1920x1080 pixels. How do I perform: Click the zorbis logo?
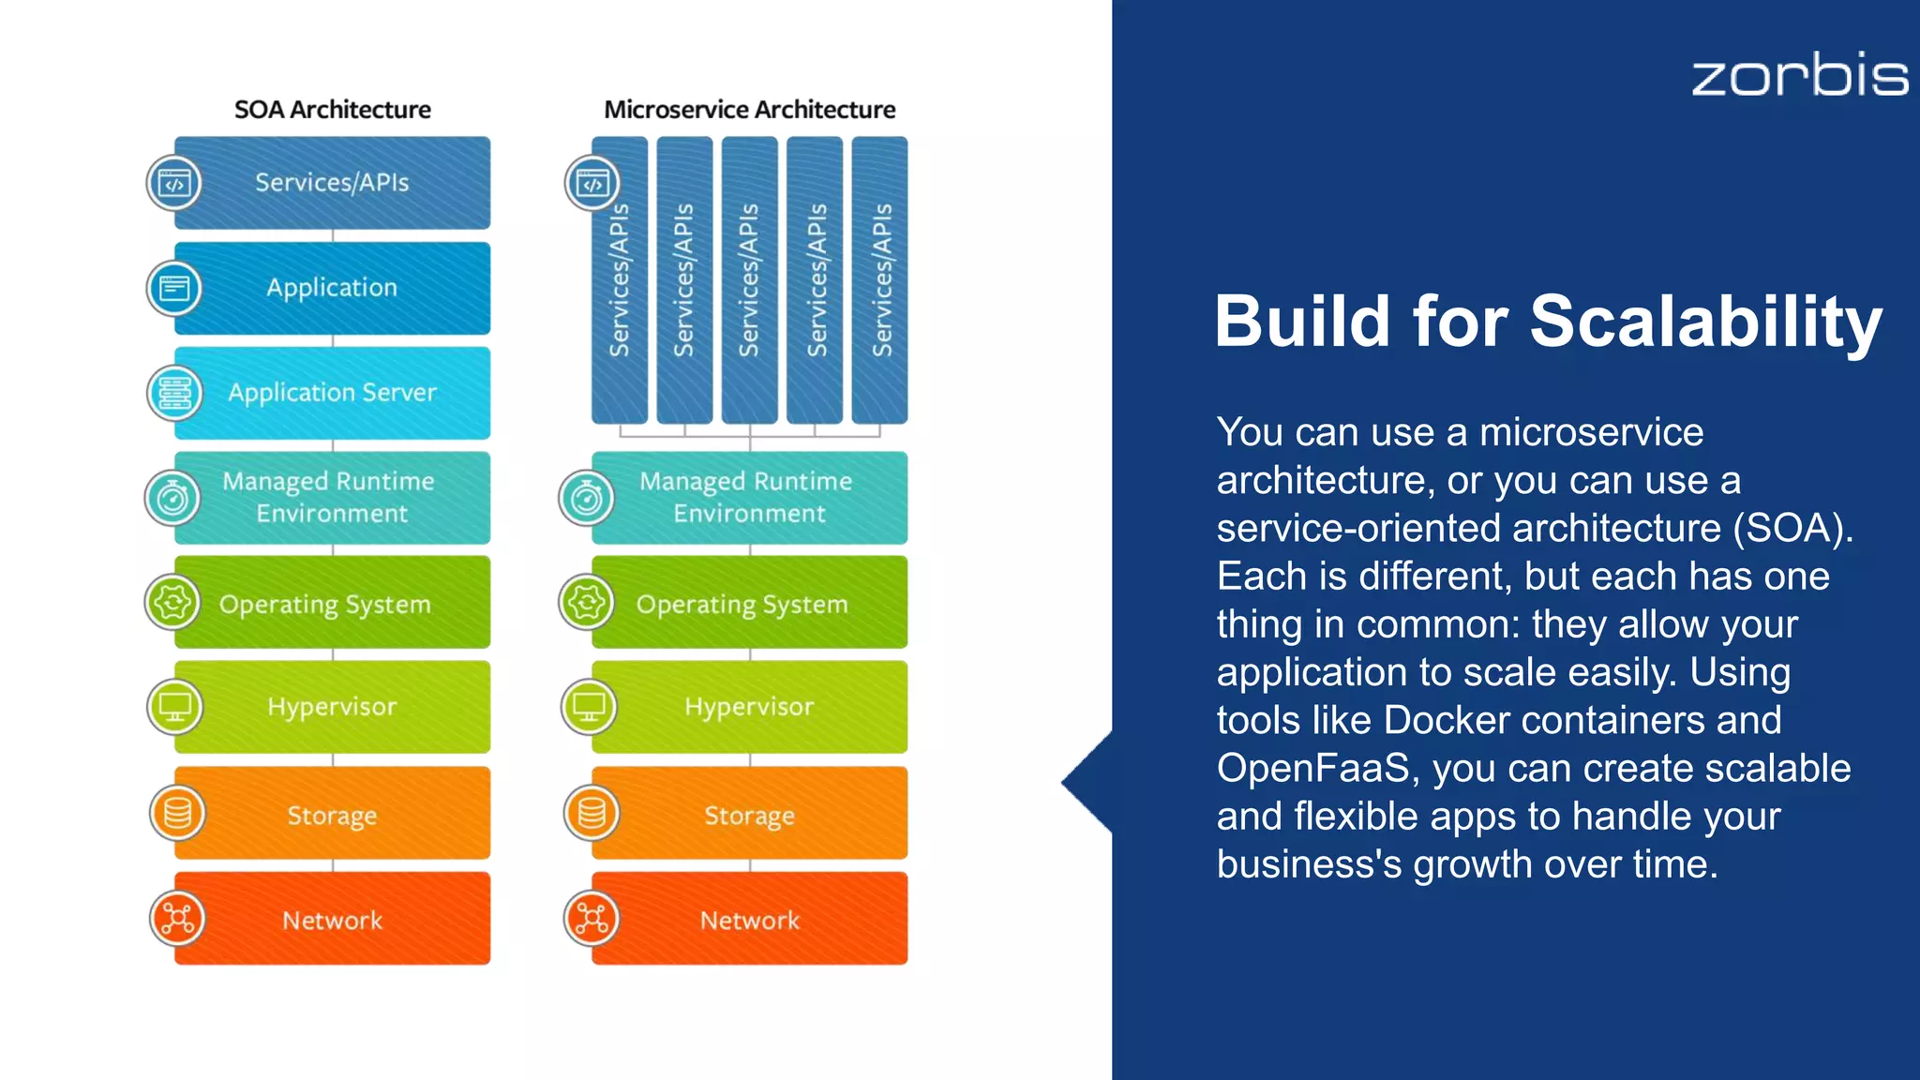pos(1799,75)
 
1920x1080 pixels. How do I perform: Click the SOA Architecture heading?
pos(332,110)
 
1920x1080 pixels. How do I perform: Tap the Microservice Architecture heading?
pos(749,110)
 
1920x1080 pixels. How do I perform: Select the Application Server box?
pos(333,393)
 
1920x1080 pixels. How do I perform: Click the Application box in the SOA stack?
pos(333,288)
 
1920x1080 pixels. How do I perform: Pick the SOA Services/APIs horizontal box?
pos(333,183)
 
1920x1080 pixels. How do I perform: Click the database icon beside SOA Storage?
pos(176,813)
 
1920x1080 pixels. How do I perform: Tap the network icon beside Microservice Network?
pos(592,919)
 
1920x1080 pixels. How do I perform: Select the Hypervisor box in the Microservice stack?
pos(750,707)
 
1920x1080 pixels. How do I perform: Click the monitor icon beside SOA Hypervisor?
pos(175,707)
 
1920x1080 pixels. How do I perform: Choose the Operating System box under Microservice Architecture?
pos(750,603)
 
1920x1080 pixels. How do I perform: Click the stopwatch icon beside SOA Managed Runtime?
pos(173,498)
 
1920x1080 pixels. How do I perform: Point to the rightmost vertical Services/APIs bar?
pos(879,280)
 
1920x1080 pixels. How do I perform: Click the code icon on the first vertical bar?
pos(592,183)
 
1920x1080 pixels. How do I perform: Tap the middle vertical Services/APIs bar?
pos(749,280)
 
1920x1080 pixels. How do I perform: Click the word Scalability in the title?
pos(1705,322)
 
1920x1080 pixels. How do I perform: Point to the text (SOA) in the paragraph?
pos(1792,528)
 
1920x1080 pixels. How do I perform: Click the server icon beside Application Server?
pos(175,393)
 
